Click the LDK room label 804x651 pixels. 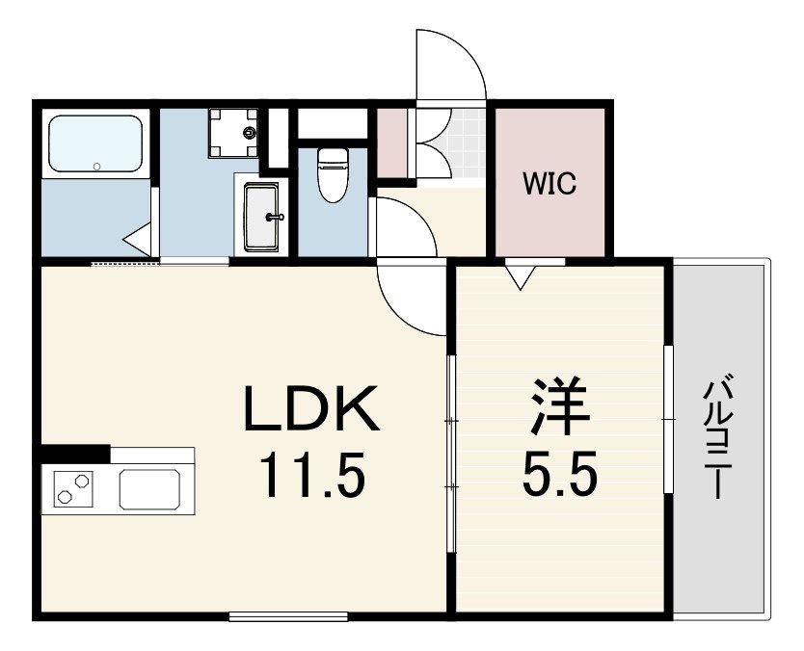[311, 408]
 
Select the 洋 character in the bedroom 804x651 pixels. [558, 406]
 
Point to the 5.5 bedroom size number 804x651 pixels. [560, 475]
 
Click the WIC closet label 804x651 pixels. [549, 183]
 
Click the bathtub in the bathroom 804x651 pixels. [94, 143]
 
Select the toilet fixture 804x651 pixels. [333, 174]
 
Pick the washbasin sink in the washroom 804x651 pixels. [261, 217]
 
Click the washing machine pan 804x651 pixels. [233, 133]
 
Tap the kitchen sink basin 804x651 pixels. [149, 489]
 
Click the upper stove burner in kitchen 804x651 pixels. [82, 482]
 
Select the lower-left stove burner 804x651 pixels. [65, 497]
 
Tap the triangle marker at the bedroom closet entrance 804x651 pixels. [520, 276]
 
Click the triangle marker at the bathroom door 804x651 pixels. [138, 239]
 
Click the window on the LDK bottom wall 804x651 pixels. [288, 616]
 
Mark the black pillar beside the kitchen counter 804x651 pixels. [75, 454]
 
